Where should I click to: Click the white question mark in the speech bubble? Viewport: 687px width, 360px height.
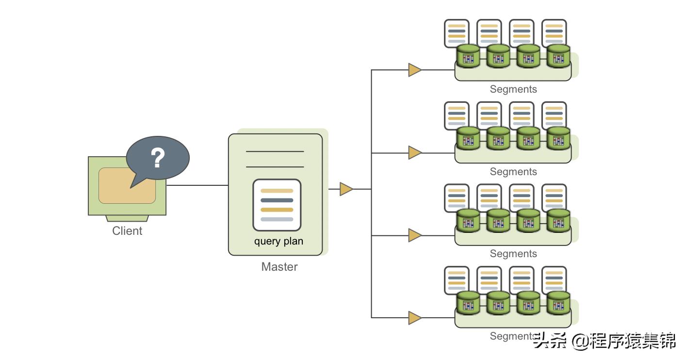click(158, 158)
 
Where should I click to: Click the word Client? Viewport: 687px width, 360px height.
click(127, 231)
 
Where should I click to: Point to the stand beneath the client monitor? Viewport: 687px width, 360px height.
click(127, 218)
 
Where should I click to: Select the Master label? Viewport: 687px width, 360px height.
click(279, 267)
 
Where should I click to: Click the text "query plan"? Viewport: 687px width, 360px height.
click(278, 241)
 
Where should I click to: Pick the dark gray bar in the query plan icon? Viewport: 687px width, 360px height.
click(277, 200)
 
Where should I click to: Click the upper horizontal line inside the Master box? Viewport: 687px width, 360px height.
click(275, 152)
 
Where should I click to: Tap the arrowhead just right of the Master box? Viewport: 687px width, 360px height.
click(346, 189)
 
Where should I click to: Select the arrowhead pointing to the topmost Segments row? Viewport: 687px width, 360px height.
click(414, 70)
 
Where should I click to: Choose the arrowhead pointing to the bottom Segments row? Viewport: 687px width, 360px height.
click(414, 318)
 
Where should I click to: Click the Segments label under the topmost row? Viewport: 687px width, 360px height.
click(513, 89)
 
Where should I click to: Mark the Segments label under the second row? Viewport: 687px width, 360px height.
click(513, 172)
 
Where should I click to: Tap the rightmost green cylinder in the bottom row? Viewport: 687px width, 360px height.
click(558, 303)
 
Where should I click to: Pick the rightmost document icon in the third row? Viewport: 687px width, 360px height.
click(554, 196)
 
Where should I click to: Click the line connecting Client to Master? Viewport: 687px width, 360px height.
click(197, 185)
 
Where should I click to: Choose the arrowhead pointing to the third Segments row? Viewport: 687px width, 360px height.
click(414, 235)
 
